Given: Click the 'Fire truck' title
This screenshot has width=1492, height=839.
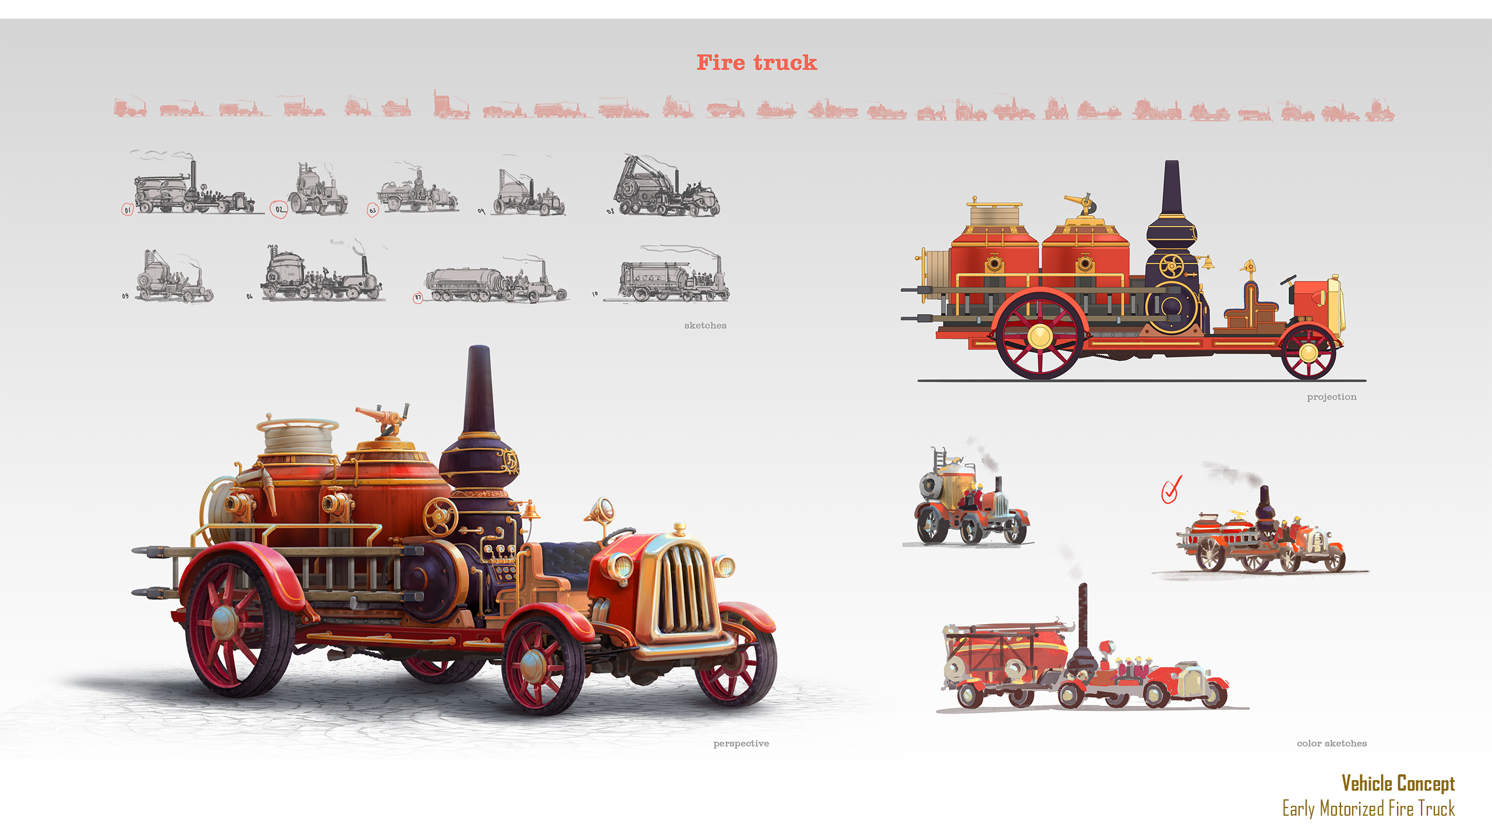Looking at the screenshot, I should click(756, 62).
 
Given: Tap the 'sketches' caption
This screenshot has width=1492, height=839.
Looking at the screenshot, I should click(705, 326).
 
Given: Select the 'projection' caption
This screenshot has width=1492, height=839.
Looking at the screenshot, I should click(1331, 397).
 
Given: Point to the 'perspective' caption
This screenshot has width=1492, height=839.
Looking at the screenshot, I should click(741, 743).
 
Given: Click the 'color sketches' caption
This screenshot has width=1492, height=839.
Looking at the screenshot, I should click(1331, 743).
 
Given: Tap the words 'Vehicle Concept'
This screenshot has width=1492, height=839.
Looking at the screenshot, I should click(1398, 783).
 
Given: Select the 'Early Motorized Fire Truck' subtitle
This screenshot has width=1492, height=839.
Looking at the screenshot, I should click(1368, 809).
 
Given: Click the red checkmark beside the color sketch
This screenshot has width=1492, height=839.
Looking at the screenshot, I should click(1171, 489).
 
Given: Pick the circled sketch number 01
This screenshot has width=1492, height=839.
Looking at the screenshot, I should click(128, 210).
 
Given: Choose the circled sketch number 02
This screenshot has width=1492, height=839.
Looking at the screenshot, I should click(279, 209).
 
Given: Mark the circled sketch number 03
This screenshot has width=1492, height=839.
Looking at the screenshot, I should click(373, 210).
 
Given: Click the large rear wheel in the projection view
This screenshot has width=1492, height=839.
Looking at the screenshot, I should click(1040, 336).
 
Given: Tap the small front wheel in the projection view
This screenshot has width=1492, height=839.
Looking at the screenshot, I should click(1308, 352).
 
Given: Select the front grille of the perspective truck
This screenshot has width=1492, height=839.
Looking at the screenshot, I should click(682, 588).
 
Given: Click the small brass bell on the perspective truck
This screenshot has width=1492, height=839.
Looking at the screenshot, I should click(530, 510).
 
